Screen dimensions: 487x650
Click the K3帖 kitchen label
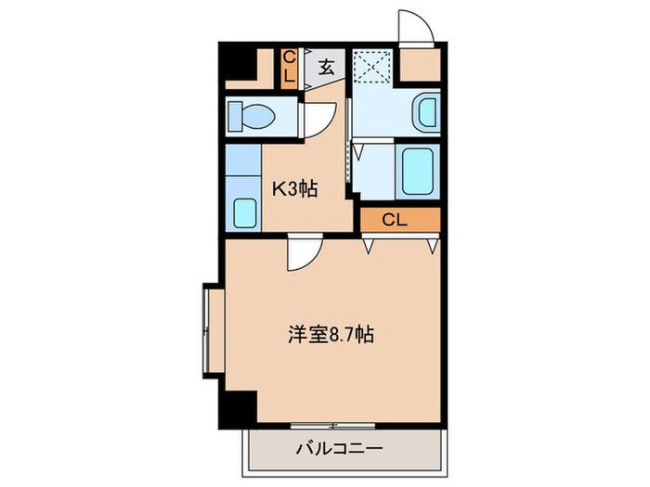(295, 188)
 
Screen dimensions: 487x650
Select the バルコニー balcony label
(340, 448)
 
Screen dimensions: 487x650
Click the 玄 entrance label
(328, 67)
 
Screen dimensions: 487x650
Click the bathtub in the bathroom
(417, 170)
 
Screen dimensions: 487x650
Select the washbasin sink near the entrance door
(425, 113)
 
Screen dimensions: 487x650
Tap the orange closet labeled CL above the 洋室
(395, 220)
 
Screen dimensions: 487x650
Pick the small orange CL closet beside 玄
(289, 69)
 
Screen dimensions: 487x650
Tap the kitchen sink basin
(245, 213)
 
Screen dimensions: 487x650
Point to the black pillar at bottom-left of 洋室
(240, 406)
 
